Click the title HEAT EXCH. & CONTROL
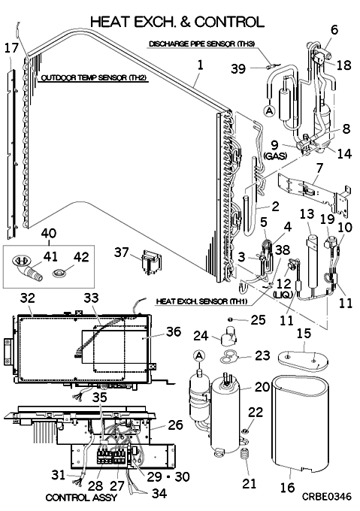tap(177, 22)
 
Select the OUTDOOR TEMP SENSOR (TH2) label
tap(93, 78)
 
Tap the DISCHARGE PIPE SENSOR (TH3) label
tap(201, 44)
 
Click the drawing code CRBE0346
tap(326, 496)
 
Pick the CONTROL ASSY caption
tap(81, 497)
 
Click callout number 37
tap(122, 252)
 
